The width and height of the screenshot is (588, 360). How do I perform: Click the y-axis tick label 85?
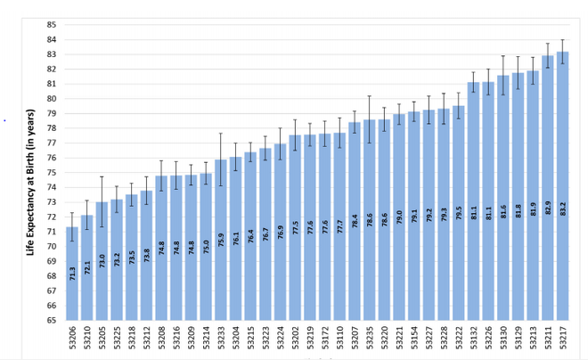tap(51, 24)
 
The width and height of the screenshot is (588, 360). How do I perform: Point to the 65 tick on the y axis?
tap(51, 319)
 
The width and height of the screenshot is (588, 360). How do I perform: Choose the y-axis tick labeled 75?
tap(51, 172)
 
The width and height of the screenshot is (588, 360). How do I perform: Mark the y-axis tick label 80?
tap(51, 98)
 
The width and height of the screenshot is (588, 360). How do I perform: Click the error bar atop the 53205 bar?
tap(102, 201)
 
